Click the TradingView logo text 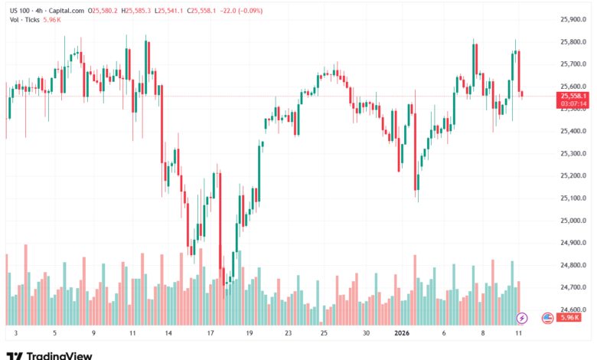click(60, 355)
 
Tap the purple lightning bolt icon click(522, 317)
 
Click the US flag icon click(547, 317)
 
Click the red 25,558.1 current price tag click(574, 96)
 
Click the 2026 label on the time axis click(403, 334)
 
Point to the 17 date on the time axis click(209, 334)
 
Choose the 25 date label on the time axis click(325, 334)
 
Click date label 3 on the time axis click(15, 334)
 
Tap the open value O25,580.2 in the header click(106, 11)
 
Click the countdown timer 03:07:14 click(574, 103)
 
